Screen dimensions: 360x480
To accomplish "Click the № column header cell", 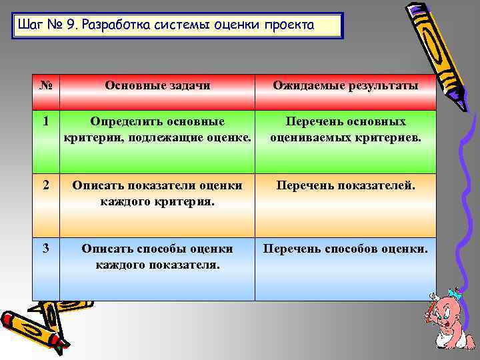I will (46, 86).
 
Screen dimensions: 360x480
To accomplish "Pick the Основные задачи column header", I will (157, 86).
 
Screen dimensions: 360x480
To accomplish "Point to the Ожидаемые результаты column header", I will (345, 86).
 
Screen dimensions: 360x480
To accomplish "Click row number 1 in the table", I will (45, 122).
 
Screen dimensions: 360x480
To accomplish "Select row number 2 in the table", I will (45, 185).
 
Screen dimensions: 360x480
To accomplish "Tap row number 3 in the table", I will (45, 249).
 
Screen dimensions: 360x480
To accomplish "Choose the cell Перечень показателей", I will (345, 185).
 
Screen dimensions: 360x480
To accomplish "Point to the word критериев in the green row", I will (388, 137).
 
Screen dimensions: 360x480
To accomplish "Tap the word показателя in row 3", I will (187, 264).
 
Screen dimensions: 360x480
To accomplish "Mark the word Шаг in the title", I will (31, 26).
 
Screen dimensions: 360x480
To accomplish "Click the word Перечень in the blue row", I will (292, 249).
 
